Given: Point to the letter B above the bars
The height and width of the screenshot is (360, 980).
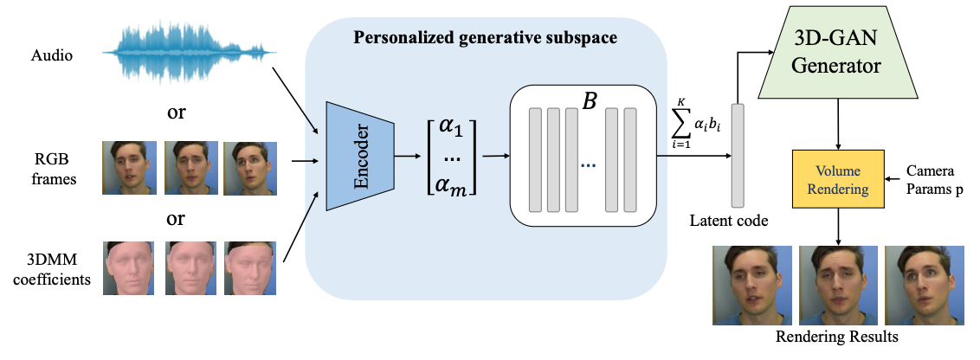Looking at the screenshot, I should tap(589, 101).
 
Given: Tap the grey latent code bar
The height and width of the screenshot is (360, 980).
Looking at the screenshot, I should tap(738, 156).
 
